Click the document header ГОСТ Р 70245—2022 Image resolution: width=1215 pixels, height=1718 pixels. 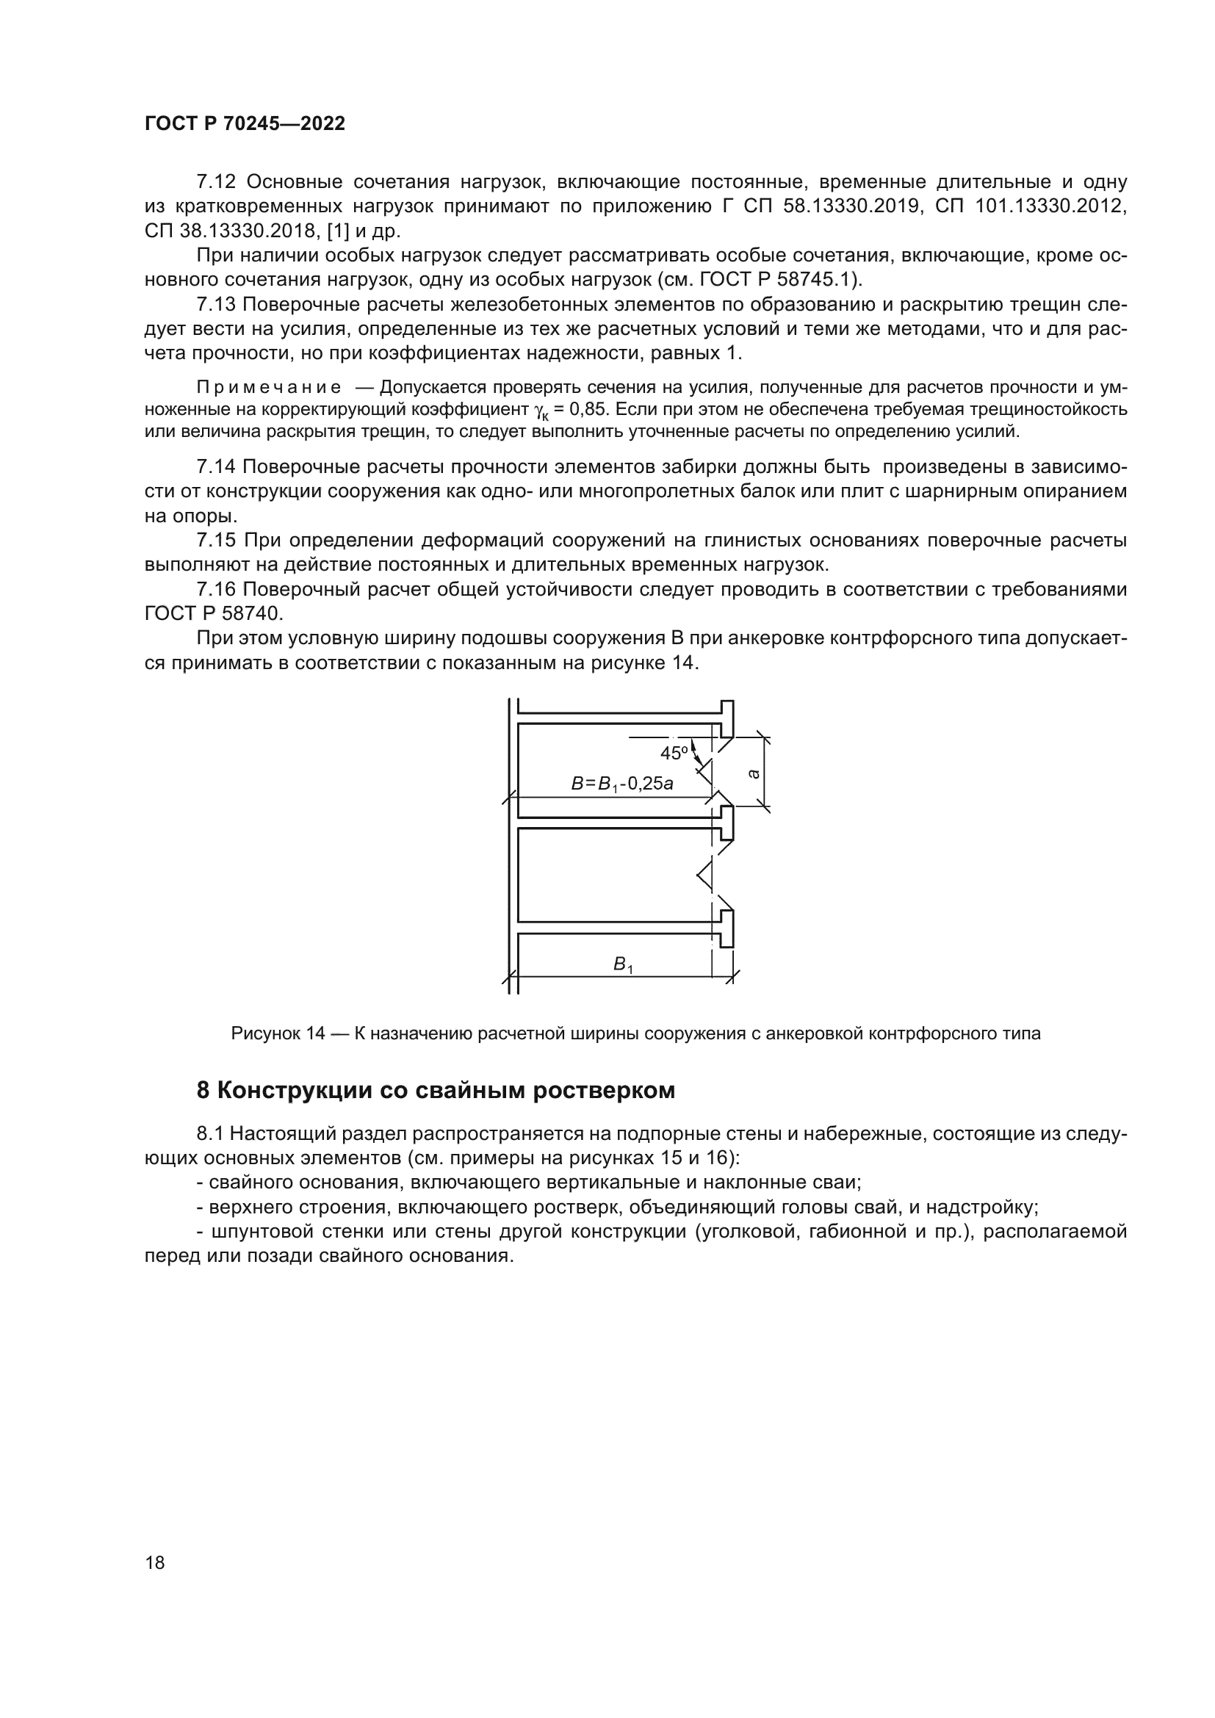click(x=245, y=124)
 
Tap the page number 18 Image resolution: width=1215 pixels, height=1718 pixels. click(x=155, y=1562)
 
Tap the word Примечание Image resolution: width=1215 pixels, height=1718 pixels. click(x=269, y=388)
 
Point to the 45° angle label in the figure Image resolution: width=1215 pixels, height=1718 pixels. click(x=674, y=753)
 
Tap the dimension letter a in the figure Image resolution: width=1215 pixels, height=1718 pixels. click(x=754, y=773)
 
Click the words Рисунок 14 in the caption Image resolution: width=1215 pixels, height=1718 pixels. click(x=278, y=1034)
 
